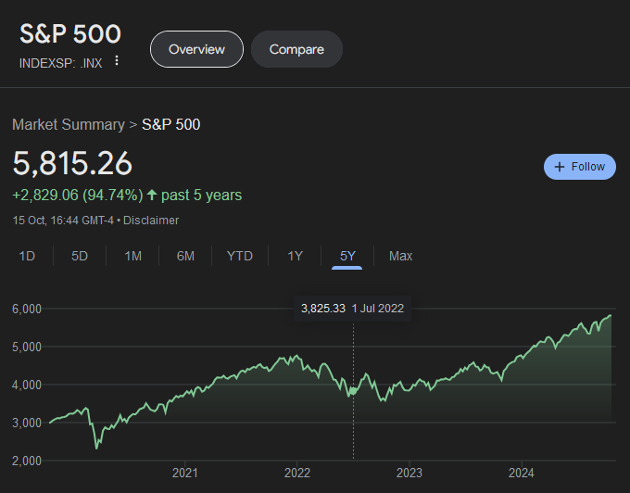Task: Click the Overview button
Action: [x=196, y=49]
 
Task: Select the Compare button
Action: [x=296, y=49]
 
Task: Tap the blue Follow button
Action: [x=580, y=167]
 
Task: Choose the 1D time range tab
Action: [x=27, y=256]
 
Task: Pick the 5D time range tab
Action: [x=80, y=256]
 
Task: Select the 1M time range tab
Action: [x=132, y=256]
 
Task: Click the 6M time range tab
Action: [x=185, y=256]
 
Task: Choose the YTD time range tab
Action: [x=240, y=256]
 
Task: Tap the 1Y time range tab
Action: [x=295, y=256]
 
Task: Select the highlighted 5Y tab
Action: [x=347, y=256]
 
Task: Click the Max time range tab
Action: [x=401, y=256]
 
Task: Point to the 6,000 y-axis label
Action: [x=28, y=309]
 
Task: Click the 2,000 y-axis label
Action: [x=28, y=461]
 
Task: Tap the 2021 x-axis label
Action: [x=185, y=473]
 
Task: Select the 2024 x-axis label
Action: [x=521, y=473]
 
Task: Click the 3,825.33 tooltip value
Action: [x=323, y=309]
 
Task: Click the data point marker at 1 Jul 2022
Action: [x=353, y=392]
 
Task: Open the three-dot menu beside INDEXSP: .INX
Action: [x=117, y=61]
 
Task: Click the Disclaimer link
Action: [x=151, y=221]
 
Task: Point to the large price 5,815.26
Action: [x=72, y=163]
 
